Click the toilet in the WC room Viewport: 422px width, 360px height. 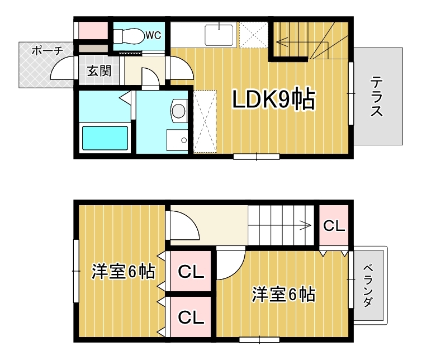coord(129,36)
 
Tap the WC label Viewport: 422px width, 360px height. coord(153,35)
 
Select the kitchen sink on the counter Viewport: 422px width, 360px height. coord(219,35)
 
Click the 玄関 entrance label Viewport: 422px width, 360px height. coord(99,71)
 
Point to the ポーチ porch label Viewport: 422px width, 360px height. coord(48,51)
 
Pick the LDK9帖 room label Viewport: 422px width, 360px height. coord(273,99)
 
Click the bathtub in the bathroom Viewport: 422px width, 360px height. coord(105,138)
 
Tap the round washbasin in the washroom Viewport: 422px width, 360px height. coord(179,111)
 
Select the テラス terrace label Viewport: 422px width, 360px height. coord(377,96)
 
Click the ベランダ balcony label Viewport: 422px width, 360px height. coord(368,286)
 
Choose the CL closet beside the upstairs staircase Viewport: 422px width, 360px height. coord(334,226)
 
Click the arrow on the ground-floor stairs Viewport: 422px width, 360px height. coord(302,42)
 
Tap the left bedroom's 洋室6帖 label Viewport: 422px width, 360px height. coord(124,272)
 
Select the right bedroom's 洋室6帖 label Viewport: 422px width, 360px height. coord(284,294)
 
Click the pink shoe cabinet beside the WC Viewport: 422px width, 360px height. coord(93,30)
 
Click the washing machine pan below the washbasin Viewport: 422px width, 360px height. coord(177,140)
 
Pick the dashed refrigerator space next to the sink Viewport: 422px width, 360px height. coord(254,35)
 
